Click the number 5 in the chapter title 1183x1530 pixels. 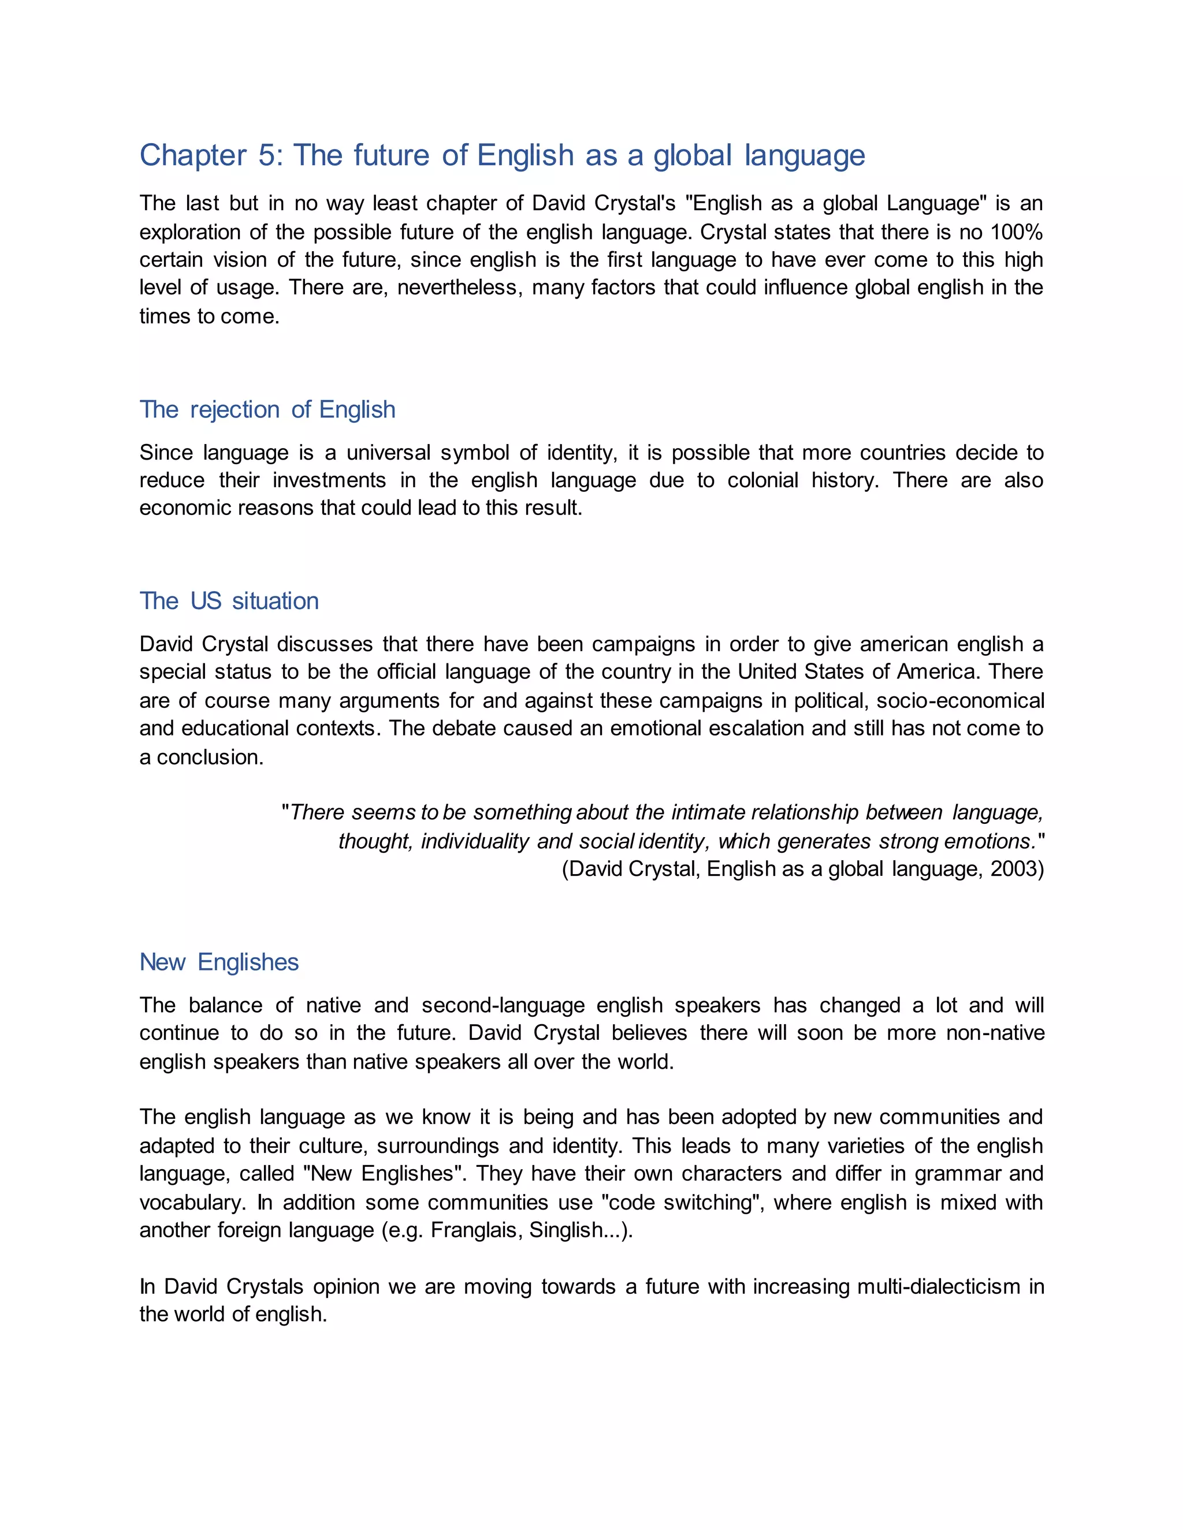tap(267, 155)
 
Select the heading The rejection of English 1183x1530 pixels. tap(267, 410)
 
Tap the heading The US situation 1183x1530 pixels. tap(229, 601)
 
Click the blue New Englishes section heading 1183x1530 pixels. tap(219, 962)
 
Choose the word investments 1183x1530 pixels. tap(329, 480)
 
